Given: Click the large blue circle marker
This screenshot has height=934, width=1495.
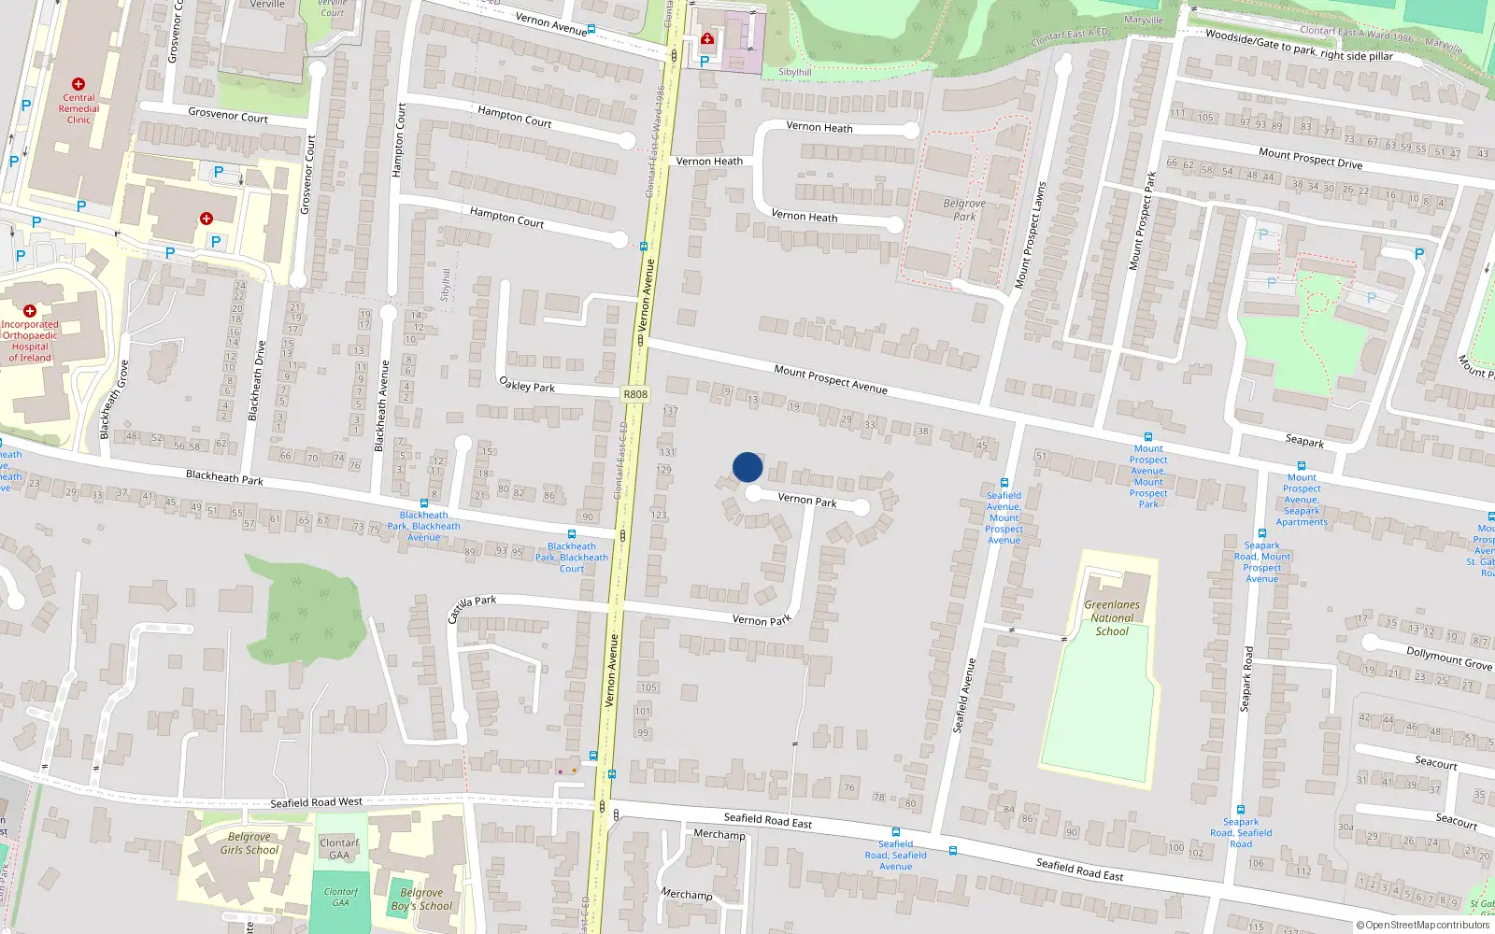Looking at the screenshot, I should (x=747, y=467).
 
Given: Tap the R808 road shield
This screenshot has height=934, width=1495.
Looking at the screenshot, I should (x=635, y=394).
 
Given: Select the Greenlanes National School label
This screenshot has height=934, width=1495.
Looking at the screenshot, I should (x=1112, y=618).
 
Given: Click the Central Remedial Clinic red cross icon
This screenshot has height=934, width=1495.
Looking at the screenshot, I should (x=78, y=84).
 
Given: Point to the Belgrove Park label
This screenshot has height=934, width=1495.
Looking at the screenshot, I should (x=964, y=209).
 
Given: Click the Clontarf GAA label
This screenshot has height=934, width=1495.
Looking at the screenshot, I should (x=339, y=848).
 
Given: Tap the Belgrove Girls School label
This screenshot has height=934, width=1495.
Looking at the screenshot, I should (x=249, y=843).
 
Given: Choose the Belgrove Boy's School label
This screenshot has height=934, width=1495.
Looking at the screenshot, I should (x=421, y=899).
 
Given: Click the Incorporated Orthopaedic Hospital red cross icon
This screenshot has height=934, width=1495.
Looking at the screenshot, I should (x=30, y=311).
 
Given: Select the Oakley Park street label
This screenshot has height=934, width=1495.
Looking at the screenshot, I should (x=527, y=385).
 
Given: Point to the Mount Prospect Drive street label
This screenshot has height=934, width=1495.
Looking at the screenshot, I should (x=1310, y=158).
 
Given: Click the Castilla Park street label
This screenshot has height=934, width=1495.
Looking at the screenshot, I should (x=472, y=608).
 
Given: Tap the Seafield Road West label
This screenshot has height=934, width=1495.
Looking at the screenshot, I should (x=316, y=802).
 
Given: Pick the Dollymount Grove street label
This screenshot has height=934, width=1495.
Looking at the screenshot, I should (x=1449, y=658).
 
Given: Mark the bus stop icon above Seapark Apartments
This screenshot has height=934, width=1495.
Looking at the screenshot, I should (x=1301, y=465).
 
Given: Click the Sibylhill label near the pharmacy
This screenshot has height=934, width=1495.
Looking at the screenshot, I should (x=795, y=72).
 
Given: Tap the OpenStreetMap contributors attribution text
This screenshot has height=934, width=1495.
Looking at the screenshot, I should (x=1423, y=925).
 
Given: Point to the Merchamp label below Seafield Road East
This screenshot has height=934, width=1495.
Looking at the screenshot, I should (x=686, y=894).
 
